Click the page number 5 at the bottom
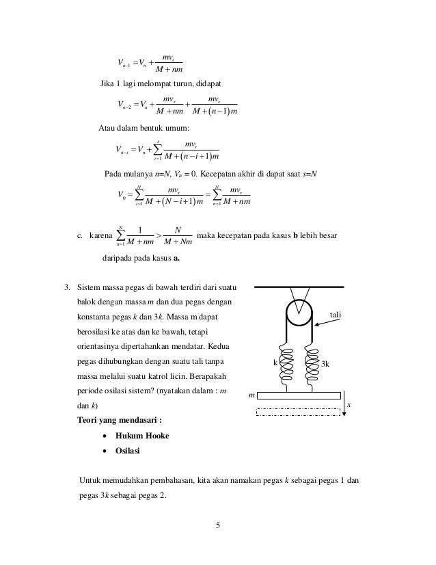point(217,525)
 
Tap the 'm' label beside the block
point(251,395)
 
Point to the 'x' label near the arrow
point(349,405)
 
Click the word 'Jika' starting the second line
point(108,83)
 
